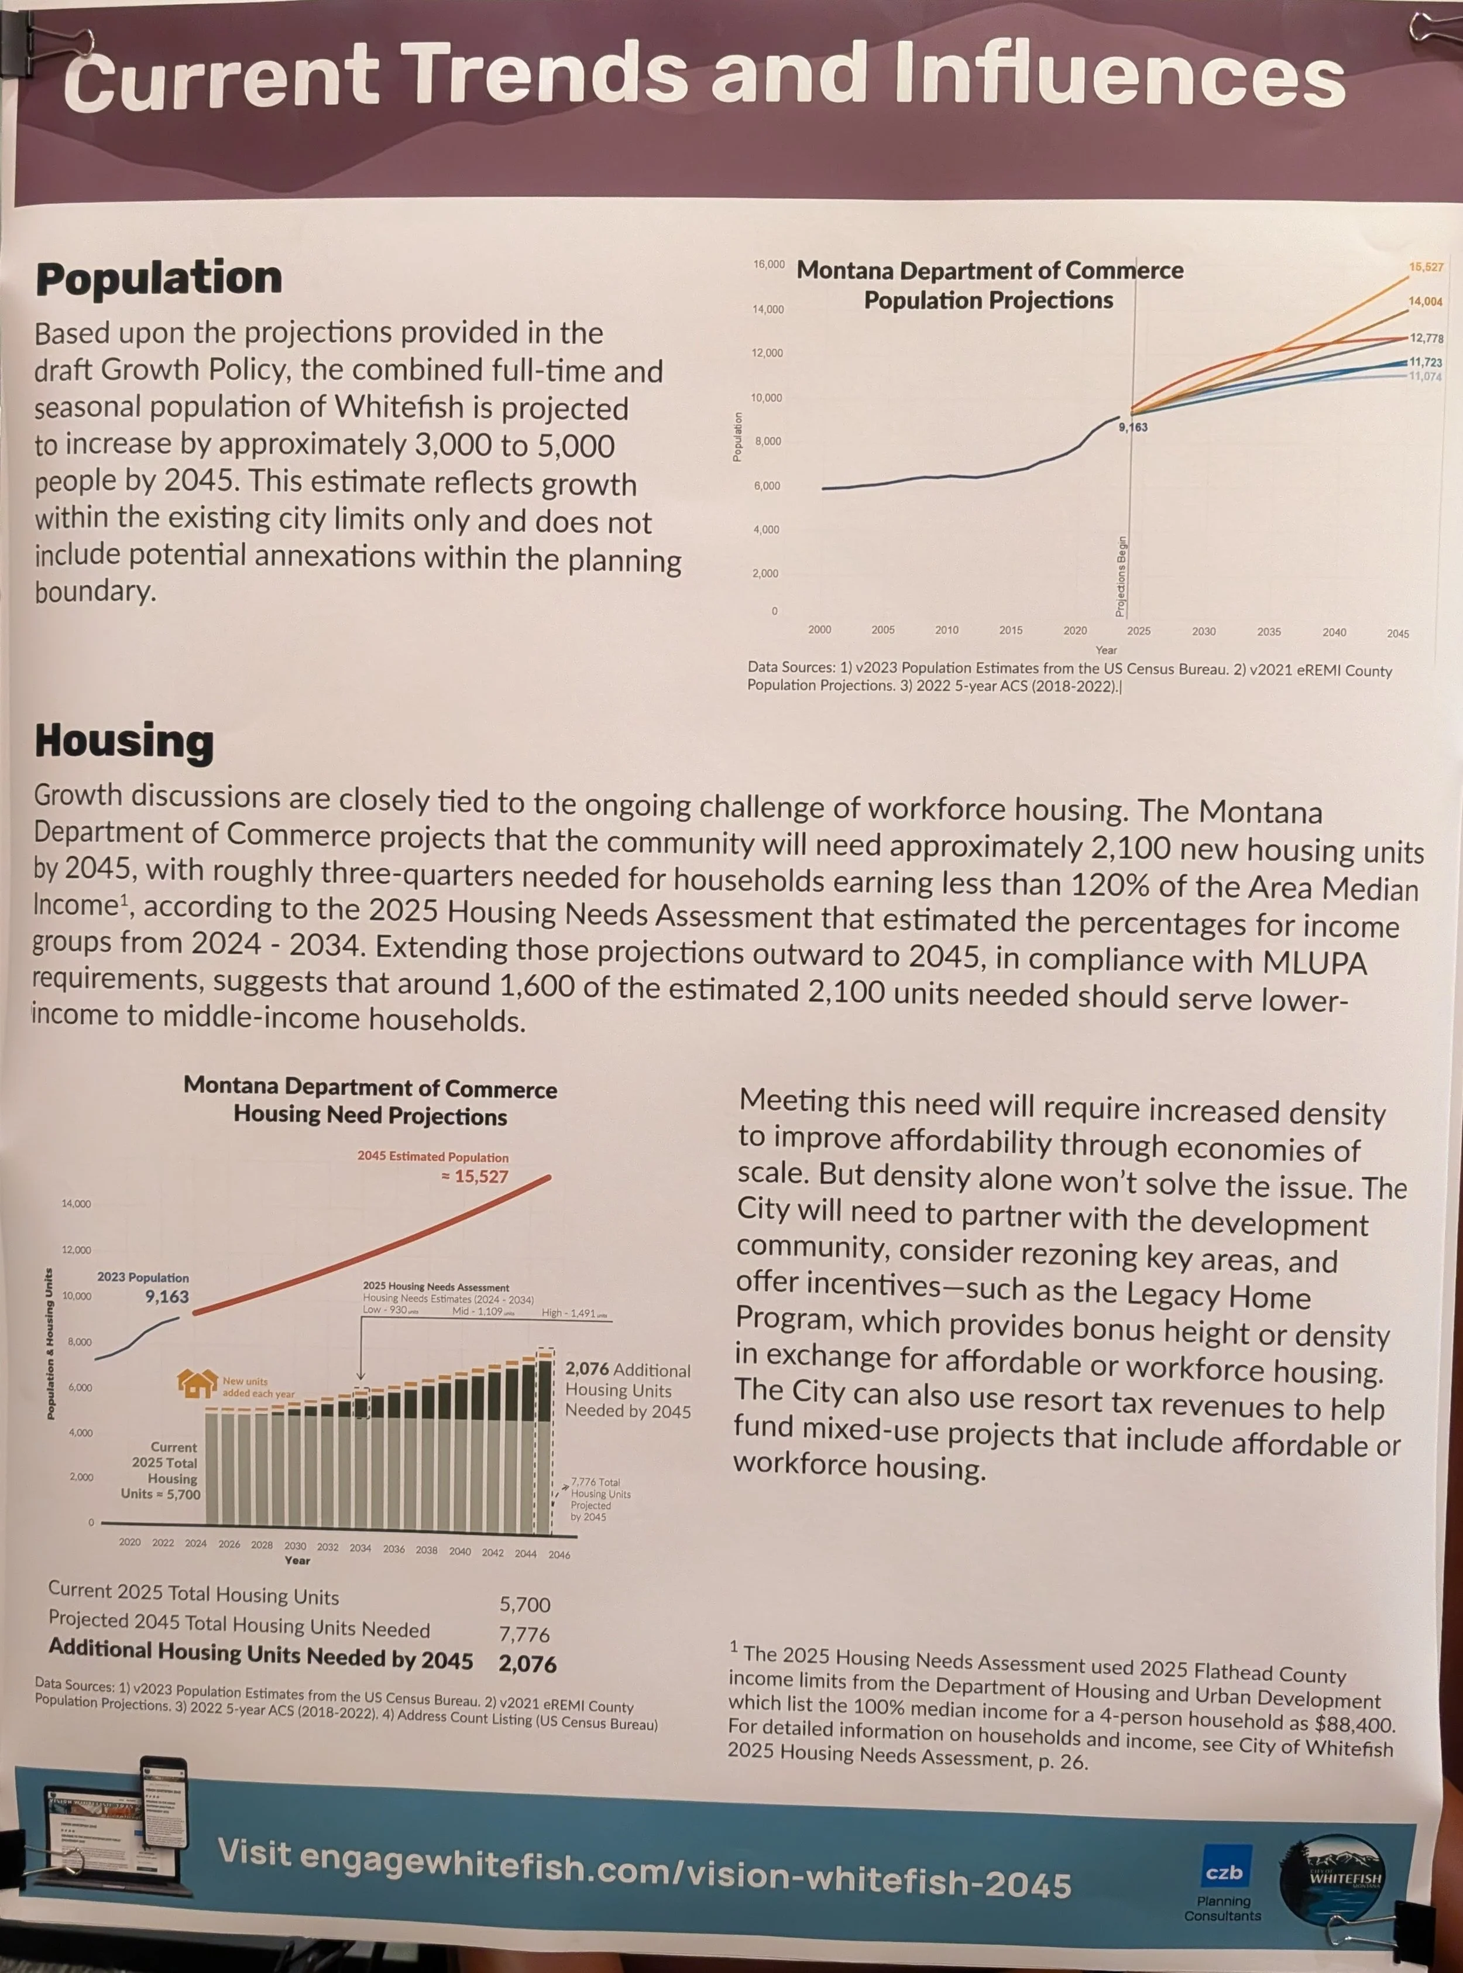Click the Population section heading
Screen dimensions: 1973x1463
159,279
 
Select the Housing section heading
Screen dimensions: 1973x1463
124,742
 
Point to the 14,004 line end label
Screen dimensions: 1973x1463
1425,302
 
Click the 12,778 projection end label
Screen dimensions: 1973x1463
1427,338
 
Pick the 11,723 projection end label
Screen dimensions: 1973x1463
1426,362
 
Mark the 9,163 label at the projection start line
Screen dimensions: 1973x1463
1134,427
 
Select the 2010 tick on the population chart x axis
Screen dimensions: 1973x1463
947,630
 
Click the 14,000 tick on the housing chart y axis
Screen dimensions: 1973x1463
76,1204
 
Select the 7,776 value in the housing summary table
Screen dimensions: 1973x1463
525,1635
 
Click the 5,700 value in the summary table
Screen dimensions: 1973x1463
525,1605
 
